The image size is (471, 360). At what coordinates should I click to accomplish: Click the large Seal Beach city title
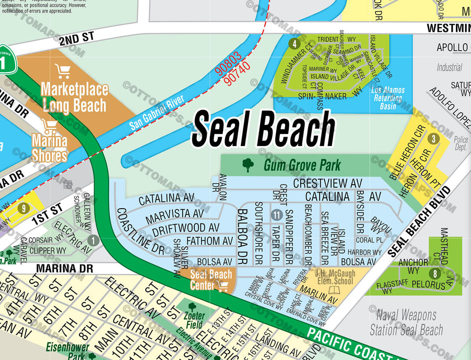click(263, 129)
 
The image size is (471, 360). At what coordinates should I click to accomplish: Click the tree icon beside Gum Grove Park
click(248, 165)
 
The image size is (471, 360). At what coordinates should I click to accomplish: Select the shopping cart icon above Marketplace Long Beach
click(62, 71)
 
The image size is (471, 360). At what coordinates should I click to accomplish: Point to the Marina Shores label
click(50, 148)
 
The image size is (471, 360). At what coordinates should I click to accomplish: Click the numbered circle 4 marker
click(295, 44)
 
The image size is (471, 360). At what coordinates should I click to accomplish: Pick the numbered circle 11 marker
click(277, 214)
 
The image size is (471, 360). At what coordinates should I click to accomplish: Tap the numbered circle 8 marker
click(434, 274)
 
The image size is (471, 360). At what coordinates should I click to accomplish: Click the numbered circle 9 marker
click(23, 208)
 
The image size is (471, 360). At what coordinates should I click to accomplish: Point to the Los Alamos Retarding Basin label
click(387, 94)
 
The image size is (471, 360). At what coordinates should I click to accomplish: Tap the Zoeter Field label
click(194, 319)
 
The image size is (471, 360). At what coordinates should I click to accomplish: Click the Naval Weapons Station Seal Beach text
click(405, 322)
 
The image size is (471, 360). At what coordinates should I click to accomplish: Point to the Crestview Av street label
click(327, 184)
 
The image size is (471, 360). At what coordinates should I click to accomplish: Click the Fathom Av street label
click(209, 241)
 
